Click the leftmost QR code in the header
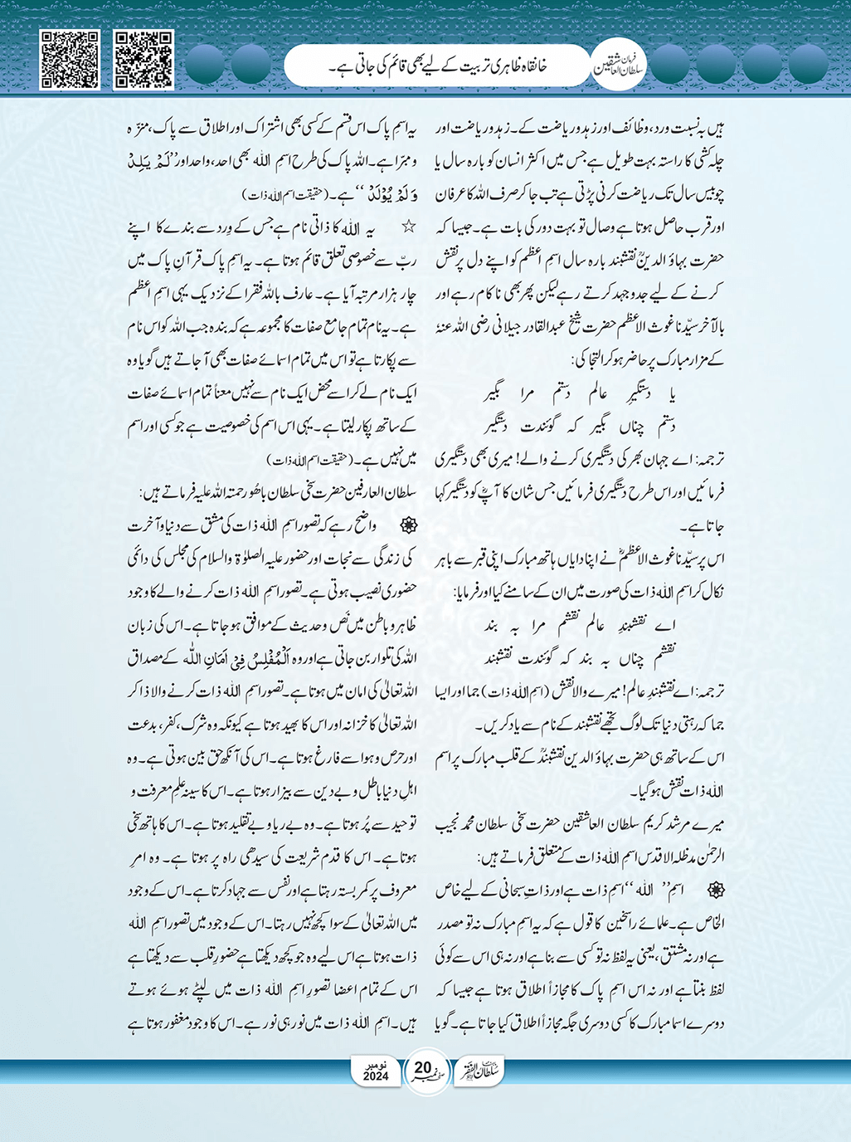[x=70, y=59]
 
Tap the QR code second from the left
[x=143, y=59]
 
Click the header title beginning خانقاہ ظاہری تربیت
[x=440, y=66]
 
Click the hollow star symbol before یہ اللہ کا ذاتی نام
[x=407, y=226]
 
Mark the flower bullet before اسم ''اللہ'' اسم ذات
[x=711, y=888]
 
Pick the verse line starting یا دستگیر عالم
[x=581, y=393]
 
